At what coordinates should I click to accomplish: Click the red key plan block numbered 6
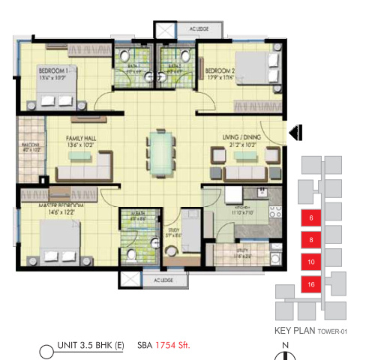(x=310, y=218)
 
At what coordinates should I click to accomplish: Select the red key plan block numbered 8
(x=310, y=240)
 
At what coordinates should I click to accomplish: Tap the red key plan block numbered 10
(x=310, y=262)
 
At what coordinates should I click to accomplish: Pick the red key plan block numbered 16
(x=310, y=284)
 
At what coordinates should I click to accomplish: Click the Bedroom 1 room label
(x=55, y=70)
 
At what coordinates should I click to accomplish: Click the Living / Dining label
(x=240, y=136)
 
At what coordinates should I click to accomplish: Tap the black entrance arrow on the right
(x=295, y=133)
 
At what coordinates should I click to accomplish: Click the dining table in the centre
(x=159, y=151)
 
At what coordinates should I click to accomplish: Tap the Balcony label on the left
(x=30, y=147)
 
